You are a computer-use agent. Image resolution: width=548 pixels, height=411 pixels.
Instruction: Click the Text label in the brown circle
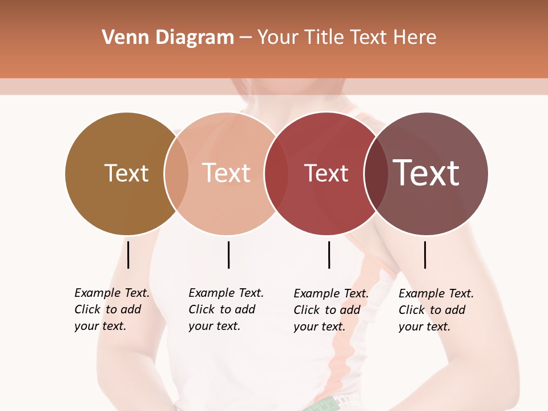click(x=126, y=174)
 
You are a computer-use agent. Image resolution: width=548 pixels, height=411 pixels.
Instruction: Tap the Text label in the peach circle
click(x=226, y=174)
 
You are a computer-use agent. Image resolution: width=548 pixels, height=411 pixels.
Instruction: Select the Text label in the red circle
click(x=326, y=174)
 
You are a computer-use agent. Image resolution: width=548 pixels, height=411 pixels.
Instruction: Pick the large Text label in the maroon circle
click(x=426, y=173)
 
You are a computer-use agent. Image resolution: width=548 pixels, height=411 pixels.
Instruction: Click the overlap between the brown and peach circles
click(x=176, y=174)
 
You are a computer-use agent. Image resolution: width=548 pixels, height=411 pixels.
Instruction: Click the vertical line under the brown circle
click(x=128, y=255)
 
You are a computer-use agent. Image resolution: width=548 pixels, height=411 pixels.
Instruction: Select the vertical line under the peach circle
click(x=228, y=255)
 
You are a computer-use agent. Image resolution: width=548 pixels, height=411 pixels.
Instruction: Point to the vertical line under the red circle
click(x=329, y=255)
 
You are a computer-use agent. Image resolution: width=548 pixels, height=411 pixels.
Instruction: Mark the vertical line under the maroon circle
click(x=425, y=255)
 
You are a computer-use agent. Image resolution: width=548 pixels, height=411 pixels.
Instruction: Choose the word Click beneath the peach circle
click(x=201, y=309)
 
